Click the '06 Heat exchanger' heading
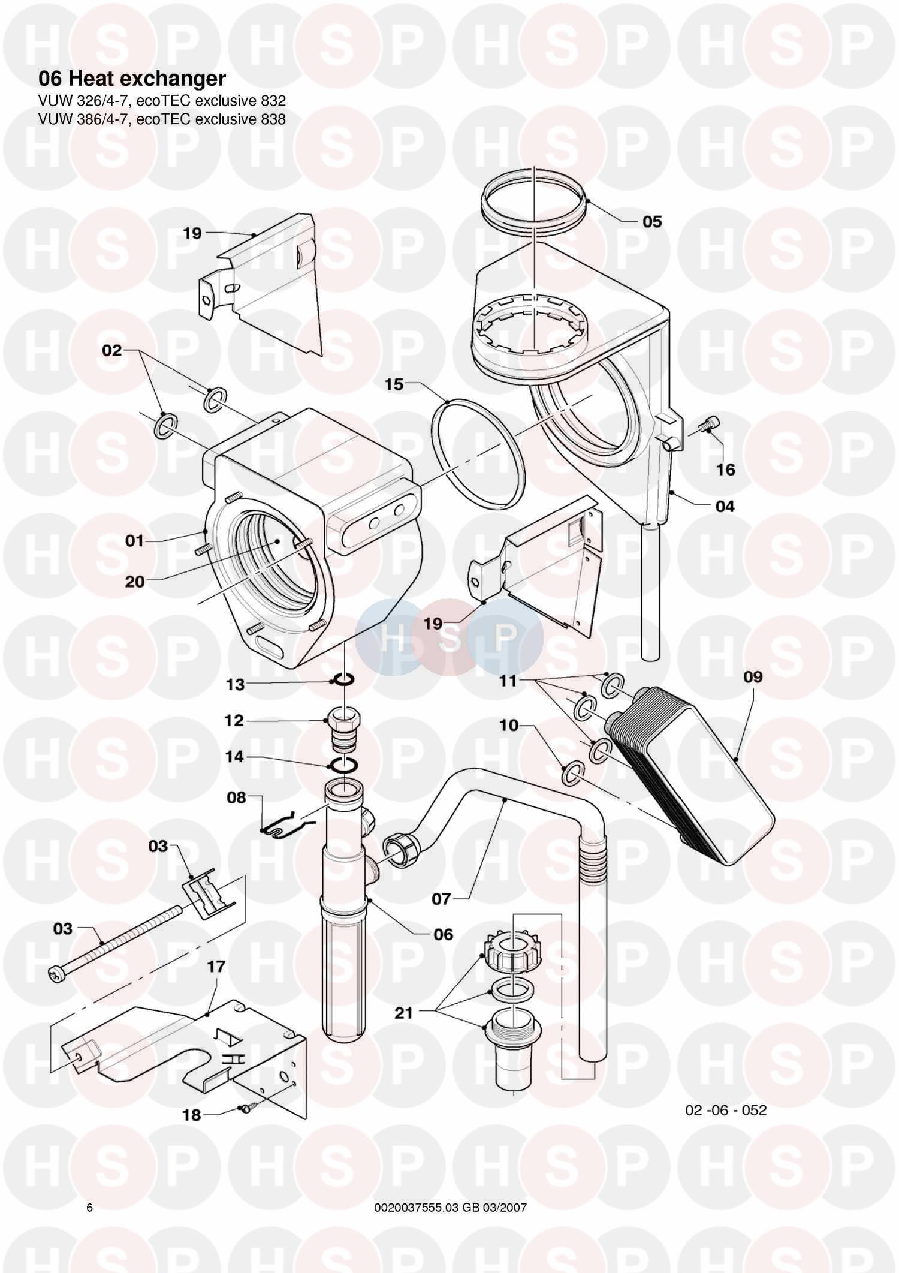(132, 79)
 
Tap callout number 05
(652, 222)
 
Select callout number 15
(394, 384)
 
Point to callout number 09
(753, 677)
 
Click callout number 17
(216, 967)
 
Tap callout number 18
(192, 1115)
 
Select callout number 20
(135, 581)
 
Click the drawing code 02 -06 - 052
(725, 1110)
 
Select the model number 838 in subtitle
(273, 119)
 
